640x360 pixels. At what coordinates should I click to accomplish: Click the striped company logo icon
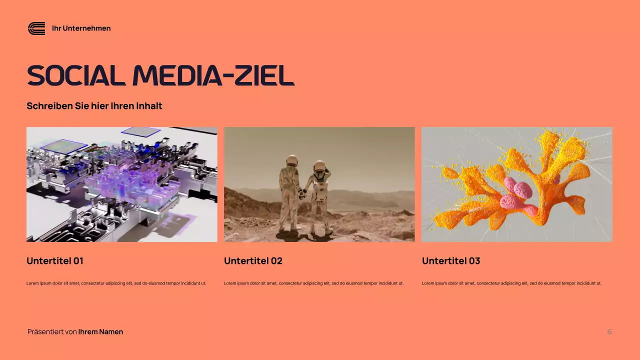(x=36, y=28)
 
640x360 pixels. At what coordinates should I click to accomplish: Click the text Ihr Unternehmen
(x=81, y=28)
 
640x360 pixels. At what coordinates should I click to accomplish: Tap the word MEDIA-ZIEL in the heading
(x=213, y=76)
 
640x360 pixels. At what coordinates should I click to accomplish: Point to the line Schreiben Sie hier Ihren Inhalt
(x=94, y=106)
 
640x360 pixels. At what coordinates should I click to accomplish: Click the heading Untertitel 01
(x=55, y=261)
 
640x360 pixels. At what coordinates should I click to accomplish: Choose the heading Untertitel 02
(x=253, y=261)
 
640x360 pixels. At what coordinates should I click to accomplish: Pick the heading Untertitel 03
(x=451, y=261)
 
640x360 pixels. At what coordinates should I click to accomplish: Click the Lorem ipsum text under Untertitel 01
(x=116, y=283)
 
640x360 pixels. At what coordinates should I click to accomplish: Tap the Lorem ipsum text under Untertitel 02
(x=313, y=283)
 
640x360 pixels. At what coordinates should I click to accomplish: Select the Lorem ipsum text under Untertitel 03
(x=511, y=283)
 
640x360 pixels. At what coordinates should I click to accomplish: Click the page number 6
(x=609, y=332)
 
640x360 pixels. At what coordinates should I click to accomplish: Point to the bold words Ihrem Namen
(x=100, y=332)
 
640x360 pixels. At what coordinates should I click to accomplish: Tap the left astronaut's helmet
(x=292, y=161)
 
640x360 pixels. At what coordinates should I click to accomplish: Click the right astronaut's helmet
(x=319, y=166)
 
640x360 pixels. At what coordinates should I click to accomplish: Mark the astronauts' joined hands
(x=303, y=194)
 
